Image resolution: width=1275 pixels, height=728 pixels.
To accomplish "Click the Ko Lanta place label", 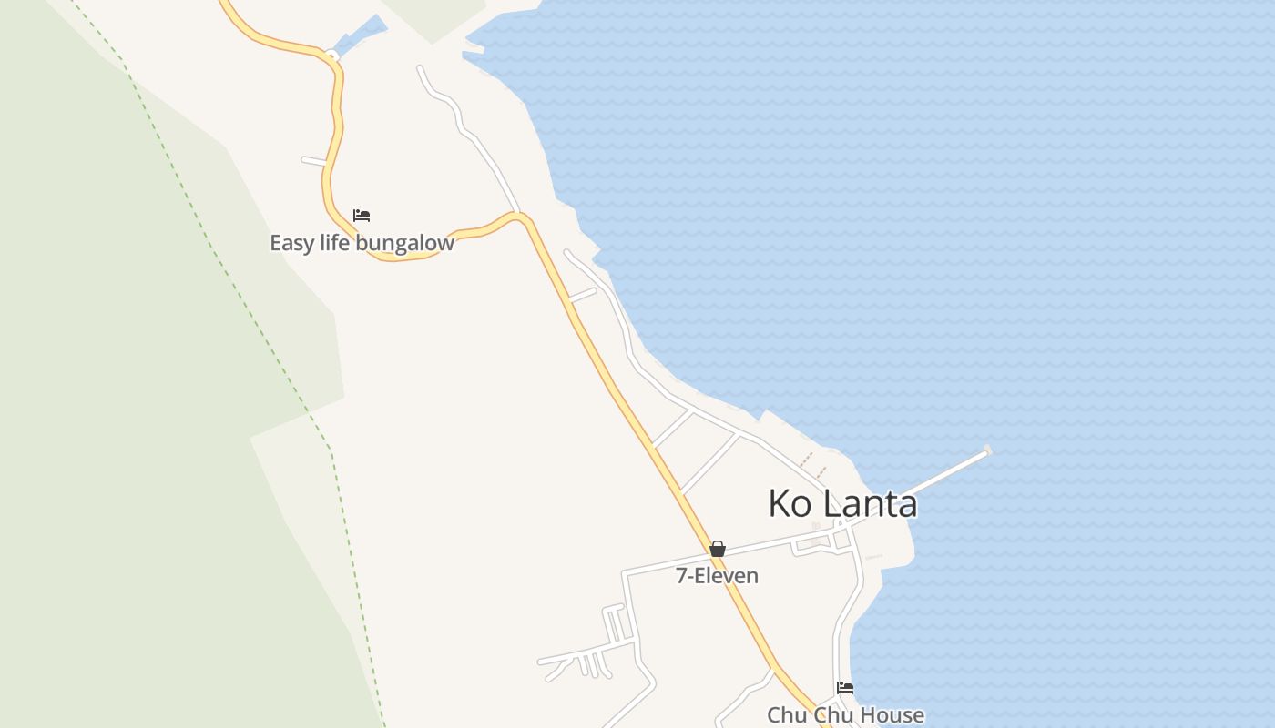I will (x=842, y=503).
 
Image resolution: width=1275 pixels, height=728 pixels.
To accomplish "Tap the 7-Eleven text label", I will (x=717, y=576).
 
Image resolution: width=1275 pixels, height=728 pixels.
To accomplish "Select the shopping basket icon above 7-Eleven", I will (x=718, y=549).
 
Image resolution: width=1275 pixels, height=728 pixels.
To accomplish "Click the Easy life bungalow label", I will (x=362, y=243).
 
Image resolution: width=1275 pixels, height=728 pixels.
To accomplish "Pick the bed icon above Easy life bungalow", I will (x=362, y=216).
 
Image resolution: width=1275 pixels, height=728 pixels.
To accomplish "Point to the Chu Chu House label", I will (x=845, y=715).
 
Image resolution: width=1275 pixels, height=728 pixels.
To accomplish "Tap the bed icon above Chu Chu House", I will (x=845, y=688).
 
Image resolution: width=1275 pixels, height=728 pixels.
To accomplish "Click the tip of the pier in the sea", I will (x=987, y=450).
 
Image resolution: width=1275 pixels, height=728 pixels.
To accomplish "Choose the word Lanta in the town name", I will (x=873, y=503).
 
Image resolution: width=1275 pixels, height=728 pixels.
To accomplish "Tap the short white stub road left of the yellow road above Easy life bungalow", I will (x=313, y=161).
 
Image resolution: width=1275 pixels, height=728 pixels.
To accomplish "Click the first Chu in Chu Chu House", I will (x=785, y=715).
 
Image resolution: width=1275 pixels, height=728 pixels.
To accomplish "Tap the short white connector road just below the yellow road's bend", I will (x=582, y=294).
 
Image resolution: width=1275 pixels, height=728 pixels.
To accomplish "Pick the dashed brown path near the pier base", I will (x=812, y=462).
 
